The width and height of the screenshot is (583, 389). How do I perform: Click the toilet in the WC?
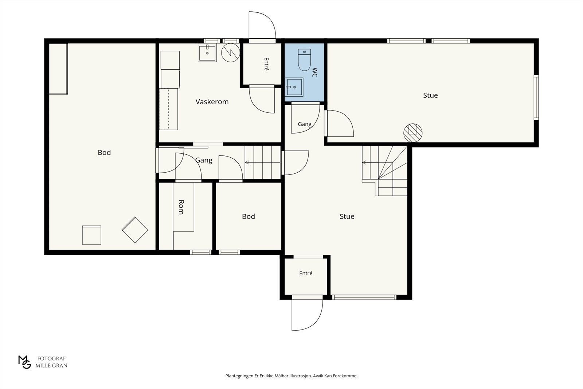tap(304, 60)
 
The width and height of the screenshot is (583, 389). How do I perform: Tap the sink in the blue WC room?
tap(294, 87)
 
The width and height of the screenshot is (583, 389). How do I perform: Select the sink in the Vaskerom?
tap(207, 53)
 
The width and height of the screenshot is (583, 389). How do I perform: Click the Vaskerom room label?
tap(212, 102)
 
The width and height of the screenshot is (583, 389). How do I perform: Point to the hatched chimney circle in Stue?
tap(413, 133)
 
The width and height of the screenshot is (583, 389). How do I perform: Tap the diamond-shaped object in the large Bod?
tap(135, 230)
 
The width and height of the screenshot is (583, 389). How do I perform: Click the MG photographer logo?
tap(25, 362)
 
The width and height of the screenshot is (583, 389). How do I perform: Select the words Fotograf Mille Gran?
tap(51, 362)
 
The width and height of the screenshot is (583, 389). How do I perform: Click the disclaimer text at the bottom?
tap(291, 376)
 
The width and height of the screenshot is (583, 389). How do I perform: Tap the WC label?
tap(314, 72)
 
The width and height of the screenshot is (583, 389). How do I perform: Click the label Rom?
tap(181, 207)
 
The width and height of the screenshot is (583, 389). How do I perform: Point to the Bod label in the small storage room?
tap(249, 216)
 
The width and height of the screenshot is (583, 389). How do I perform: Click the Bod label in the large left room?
tap(104, 153)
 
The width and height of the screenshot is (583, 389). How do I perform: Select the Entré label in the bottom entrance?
tap(306, 273)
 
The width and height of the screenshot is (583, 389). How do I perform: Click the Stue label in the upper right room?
tap(430, 95)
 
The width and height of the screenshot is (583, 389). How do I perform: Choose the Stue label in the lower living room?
tap(347, 216)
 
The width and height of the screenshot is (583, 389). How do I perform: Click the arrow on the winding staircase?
tap(377, 163)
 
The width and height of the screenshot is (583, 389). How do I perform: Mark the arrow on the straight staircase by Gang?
tap(263, 162)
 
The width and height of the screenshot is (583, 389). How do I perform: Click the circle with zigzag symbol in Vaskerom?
tap(231, 53)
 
